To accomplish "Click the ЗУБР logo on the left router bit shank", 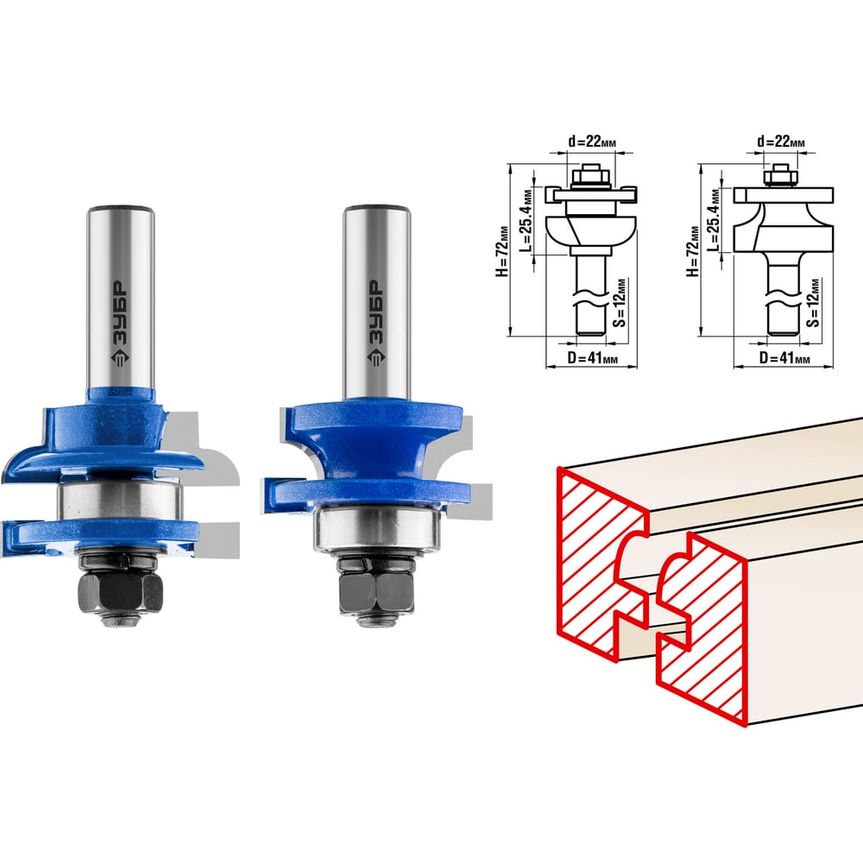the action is coord(120,323).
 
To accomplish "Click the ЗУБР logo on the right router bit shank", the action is coord(376,323).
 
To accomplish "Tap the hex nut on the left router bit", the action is coord(121,593).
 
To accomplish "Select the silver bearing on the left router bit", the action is coord(121,501).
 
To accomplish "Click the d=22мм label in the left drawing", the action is coord(592,142).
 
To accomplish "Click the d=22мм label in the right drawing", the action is coord(781,142).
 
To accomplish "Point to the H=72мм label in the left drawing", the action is coord(502,250).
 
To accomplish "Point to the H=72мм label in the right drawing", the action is coord(693,250).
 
